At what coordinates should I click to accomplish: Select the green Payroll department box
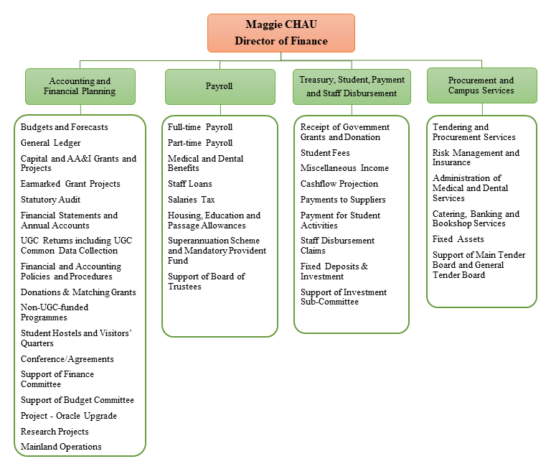coord(220,86)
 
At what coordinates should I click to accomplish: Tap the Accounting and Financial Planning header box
coord(80,86)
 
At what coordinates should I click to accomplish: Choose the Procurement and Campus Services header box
coord(481,85)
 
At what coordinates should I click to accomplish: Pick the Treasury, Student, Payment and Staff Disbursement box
coord(352,86)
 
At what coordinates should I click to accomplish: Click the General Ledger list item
coord(51,143)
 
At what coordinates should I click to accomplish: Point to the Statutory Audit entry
coord(51,200)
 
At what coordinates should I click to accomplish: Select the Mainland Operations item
coord(61,447)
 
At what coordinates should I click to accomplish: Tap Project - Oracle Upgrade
coord(69,416)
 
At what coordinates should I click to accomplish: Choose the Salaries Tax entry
coord(192,200)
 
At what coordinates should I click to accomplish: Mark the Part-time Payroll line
coord(200,143)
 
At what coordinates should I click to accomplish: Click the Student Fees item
coord(325,152)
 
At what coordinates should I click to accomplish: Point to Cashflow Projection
coord(339,184)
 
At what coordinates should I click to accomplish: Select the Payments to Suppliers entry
coord(343,200)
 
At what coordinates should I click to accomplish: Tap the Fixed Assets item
coord(458,239)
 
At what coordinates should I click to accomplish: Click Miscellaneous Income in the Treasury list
coord(344,168)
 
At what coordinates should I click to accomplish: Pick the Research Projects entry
coord(55,432)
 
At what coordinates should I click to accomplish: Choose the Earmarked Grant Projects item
coord(70,184)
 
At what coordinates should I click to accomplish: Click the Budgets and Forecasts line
coord(65,127)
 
